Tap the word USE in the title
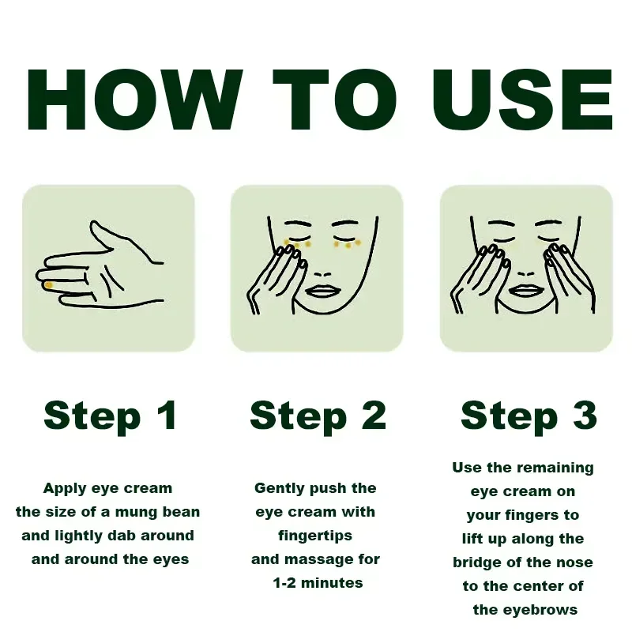[523, 100]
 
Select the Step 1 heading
[110, 416]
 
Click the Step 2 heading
[318, 416]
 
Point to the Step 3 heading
[529, 416]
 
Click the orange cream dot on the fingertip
[48, 285]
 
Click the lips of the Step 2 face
[323, 291]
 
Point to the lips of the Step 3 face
[526, 290]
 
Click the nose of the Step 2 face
[322, 274]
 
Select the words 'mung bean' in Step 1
[157, 512]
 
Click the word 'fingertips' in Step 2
[315, 536]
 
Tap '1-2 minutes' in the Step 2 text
[318, 583]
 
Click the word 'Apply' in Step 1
[65, 489]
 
